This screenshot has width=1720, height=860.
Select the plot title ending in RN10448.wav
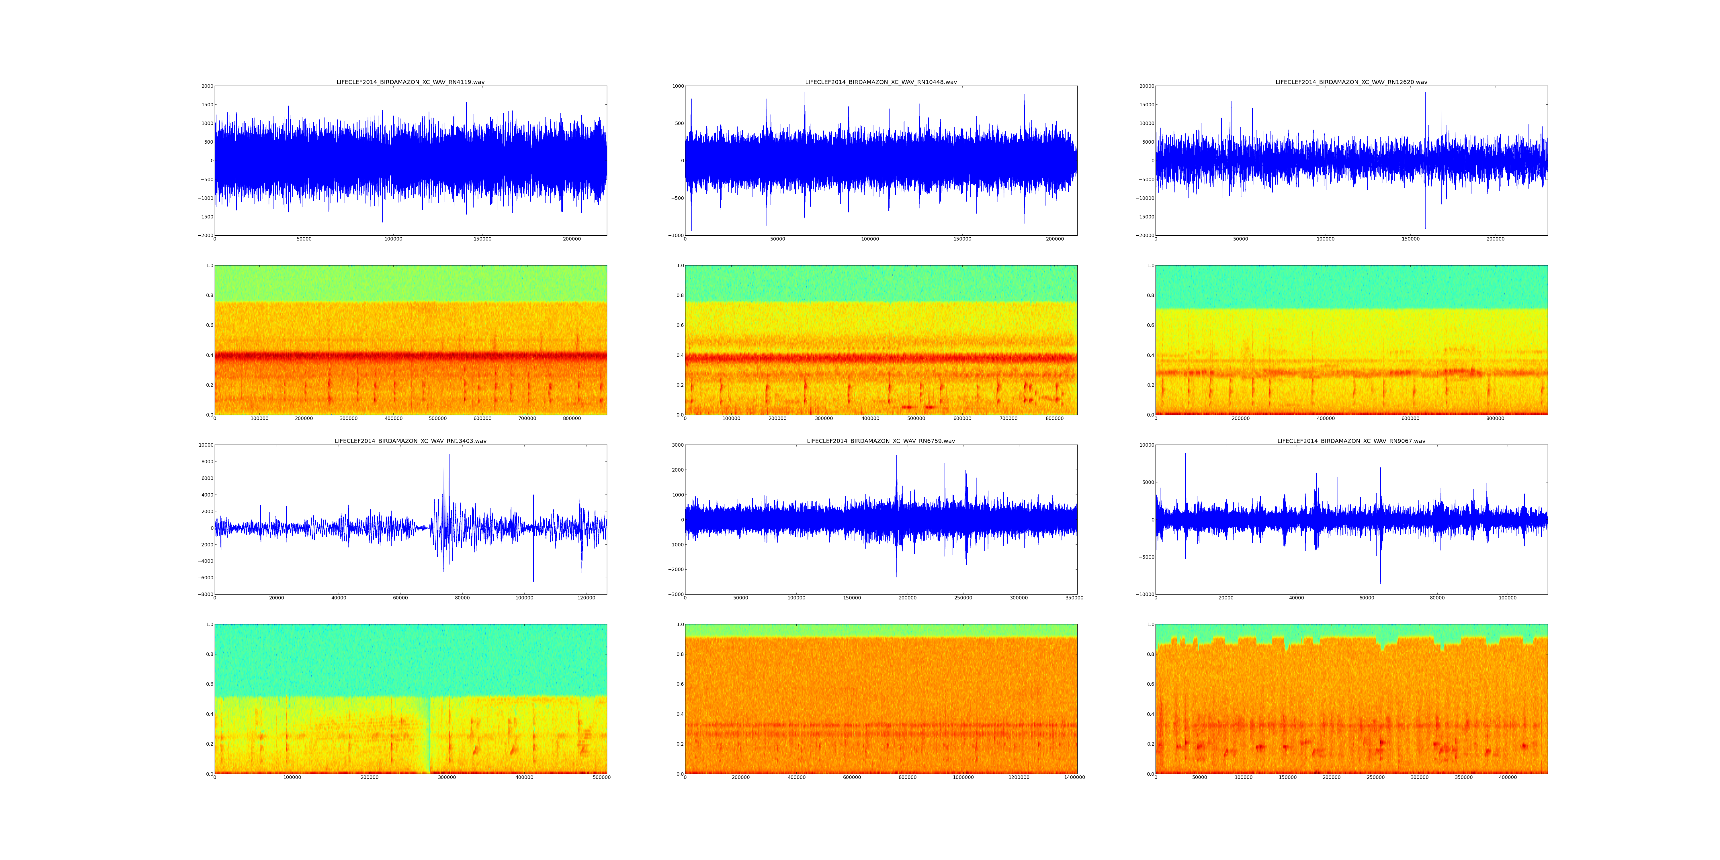tap(881, 82)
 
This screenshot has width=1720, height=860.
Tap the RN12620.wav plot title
tap(1351, 82)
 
